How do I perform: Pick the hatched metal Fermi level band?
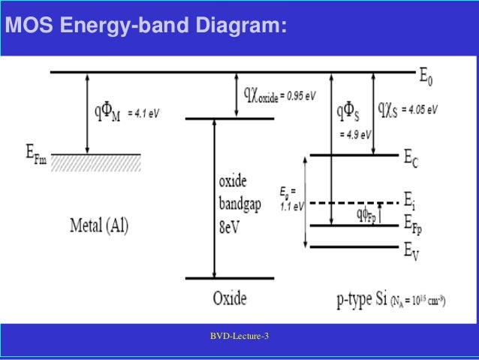(x=98, y=160)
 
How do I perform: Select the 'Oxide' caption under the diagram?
(x=229, y=298)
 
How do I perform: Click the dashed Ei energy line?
(x=353, y=203)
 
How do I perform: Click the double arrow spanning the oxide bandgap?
(x=215, y=198)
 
